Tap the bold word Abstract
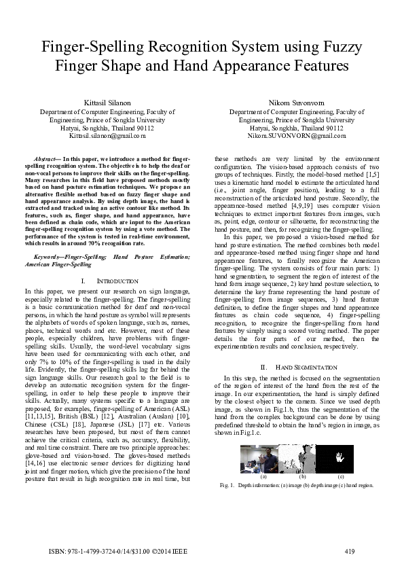[x=47, y=158]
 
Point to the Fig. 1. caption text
[x=297, y=486]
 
